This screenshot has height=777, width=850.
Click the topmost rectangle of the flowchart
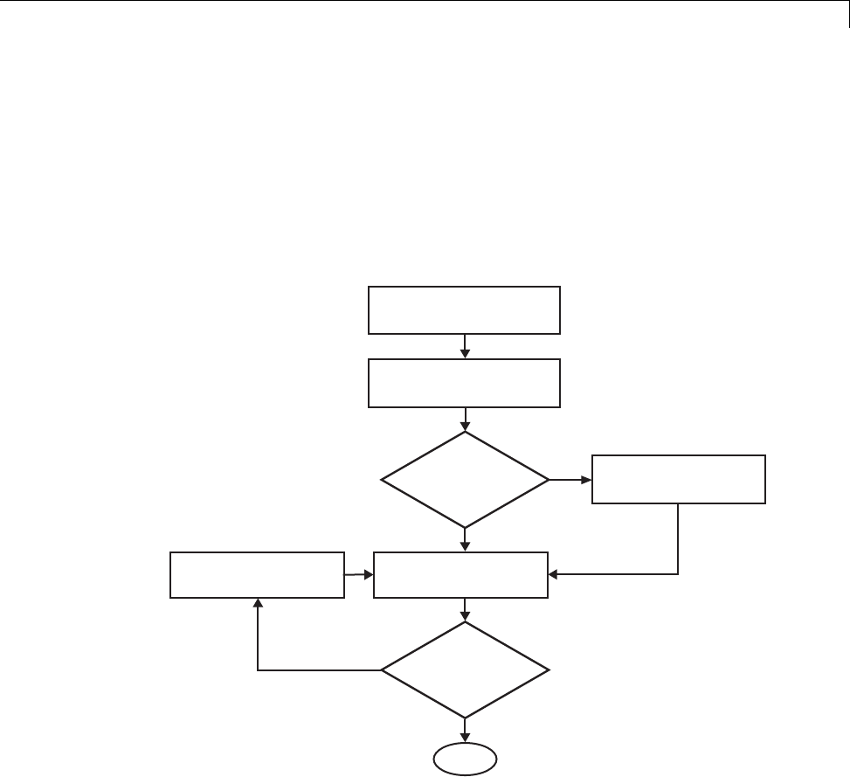coord(464,309)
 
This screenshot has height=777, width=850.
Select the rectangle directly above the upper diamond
coord(464,383)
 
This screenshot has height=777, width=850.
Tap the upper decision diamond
coord(465,479)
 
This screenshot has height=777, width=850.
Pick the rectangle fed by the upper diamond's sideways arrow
coord(679,479)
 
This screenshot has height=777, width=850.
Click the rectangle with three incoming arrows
coord(461,574)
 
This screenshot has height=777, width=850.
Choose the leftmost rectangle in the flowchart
coord(257,574)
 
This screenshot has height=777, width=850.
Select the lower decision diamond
coord(465,670)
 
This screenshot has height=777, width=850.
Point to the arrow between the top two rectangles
coord(465,346)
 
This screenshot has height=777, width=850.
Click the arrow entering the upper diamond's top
coord(465,420)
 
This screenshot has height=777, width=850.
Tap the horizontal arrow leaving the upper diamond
coord(570,479)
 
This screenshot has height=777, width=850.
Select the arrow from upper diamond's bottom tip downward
coord(465,539)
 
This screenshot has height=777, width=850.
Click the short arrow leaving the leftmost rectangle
coord(358,574)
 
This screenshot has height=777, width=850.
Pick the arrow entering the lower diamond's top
coord(465,609)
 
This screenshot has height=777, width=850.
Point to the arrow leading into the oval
coord(465,730)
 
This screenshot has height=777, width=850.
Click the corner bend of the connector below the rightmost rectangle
coord(679,574)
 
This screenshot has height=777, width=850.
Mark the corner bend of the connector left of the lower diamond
coord(258,670)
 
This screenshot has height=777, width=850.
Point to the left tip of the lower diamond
coord(382,670)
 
